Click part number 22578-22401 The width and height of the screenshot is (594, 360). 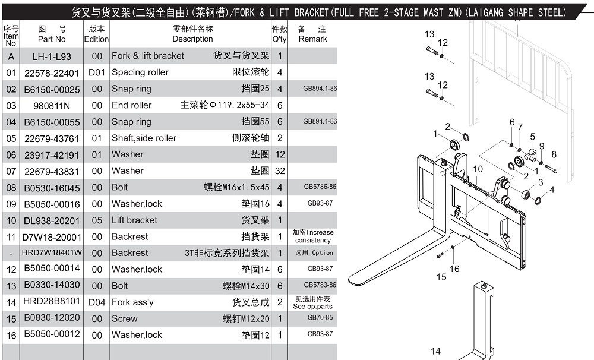tap(52, 72)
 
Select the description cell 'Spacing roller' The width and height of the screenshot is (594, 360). tap(140, 72)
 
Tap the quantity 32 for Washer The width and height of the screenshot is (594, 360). tap(280, 171)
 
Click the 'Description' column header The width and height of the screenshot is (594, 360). tap(192, 39)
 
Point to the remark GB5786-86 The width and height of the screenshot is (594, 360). tap(320, 187)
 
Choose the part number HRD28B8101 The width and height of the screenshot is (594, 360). tap(52, 302)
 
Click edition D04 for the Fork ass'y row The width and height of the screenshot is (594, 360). tap(97, 302)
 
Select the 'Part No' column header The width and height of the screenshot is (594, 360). tap(52, 39)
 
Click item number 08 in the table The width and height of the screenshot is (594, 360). tap(11, 188)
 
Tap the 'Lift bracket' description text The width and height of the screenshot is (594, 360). tap(134, 220)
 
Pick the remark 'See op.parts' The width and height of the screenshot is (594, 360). tap(312, 306)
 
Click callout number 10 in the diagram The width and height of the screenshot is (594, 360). tap(478, 169)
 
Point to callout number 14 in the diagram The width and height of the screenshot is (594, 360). tap(435, 351)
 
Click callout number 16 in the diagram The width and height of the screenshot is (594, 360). tap(454, 269)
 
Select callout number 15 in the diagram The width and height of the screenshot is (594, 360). tap(441, 277)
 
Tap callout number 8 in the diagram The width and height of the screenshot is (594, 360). tap(554, 154)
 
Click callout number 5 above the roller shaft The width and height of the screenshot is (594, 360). tap(532, 137)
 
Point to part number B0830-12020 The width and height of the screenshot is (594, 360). tap(52, 318)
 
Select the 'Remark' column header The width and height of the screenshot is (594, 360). tap(312, 39)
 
